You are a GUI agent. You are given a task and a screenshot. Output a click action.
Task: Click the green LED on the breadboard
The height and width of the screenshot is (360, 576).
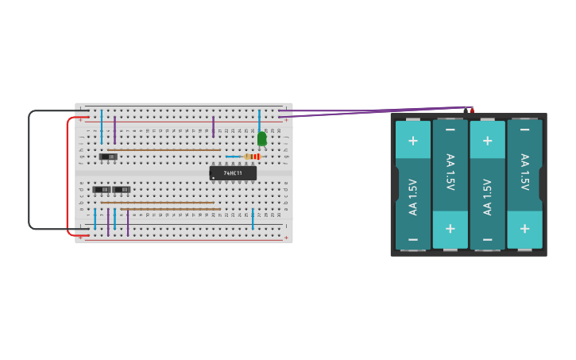coord(261,138)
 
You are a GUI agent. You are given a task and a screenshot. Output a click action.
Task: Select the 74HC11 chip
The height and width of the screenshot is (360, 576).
coord(233,172)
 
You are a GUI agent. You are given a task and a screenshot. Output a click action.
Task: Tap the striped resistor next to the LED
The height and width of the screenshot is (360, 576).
coord(253,157)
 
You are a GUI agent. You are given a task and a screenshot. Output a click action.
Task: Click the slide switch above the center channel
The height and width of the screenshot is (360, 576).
coord(109,157)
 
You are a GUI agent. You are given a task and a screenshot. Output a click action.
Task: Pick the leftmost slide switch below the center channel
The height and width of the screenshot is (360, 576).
coord(101,189)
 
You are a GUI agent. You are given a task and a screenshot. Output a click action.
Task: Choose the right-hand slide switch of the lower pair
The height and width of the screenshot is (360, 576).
coord(122,189)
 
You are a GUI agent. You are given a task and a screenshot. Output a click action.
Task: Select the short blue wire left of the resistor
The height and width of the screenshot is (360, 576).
coord(233,157)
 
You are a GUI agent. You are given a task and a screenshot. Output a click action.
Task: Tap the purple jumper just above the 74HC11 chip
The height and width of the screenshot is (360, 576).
coord(213,126)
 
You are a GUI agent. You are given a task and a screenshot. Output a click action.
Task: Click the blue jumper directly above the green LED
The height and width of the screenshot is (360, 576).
coord(259,118)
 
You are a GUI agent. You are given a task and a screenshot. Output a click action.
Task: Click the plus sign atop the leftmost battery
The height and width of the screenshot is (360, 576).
coord(412,141)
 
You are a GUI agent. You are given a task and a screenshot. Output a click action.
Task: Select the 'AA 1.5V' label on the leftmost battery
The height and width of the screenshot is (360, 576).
coord(412,198)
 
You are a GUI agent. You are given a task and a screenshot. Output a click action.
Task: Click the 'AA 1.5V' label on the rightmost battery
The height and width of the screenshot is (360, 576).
coord(524,172)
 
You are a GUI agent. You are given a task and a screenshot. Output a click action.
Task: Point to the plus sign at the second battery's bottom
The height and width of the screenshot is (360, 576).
coord(450,229)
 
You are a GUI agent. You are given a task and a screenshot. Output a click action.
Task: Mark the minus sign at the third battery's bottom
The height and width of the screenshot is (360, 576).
coord(487,239)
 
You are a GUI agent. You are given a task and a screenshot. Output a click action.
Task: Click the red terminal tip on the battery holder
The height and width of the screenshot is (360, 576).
coord(471,110)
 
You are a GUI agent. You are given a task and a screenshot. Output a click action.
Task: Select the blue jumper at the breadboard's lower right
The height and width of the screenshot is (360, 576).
coord(253,219)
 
